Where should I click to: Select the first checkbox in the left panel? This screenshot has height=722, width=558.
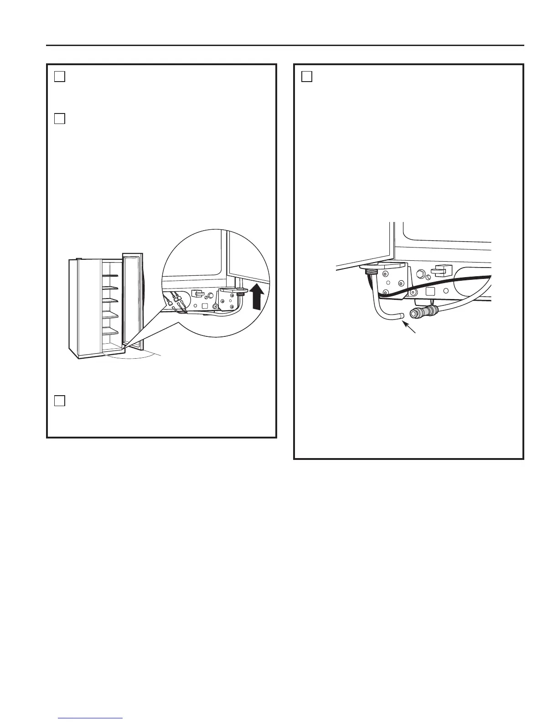(x=59, y=77)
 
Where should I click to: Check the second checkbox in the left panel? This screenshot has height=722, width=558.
(x=59, y=119)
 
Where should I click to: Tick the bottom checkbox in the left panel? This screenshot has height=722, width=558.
(x=59, y=401)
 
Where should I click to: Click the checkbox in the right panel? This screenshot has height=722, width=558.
(x=307, y=77)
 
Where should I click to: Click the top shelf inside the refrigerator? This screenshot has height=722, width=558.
(x=111, y=275)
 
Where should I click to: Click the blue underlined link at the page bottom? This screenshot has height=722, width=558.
(x=90, y=718)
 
